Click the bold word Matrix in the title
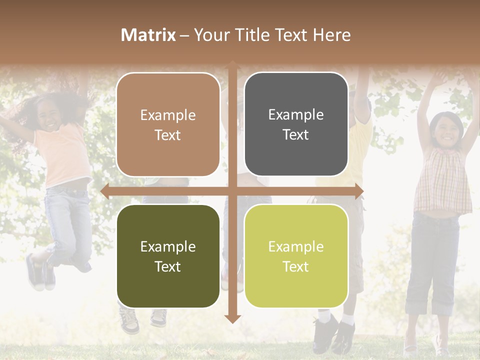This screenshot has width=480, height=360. tap(148, 35)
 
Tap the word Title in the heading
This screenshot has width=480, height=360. tap(249, 35)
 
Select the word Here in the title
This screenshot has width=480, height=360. tap(332, 35)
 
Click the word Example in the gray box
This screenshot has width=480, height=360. tap(296, 115)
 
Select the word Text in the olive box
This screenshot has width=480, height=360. tap(168, 266)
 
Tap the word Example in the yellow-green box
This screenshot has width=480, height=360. tap(296, 246)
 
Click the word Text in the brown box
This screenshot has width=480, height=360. tap(168, 135)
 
